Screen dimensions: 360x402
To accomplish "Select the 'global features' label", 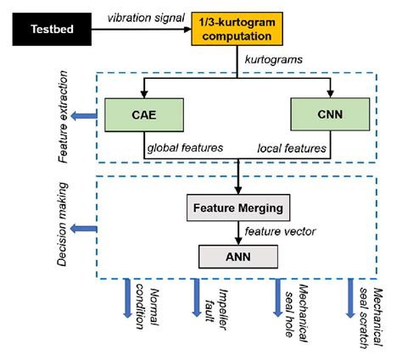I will click(x=182, y=148).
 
